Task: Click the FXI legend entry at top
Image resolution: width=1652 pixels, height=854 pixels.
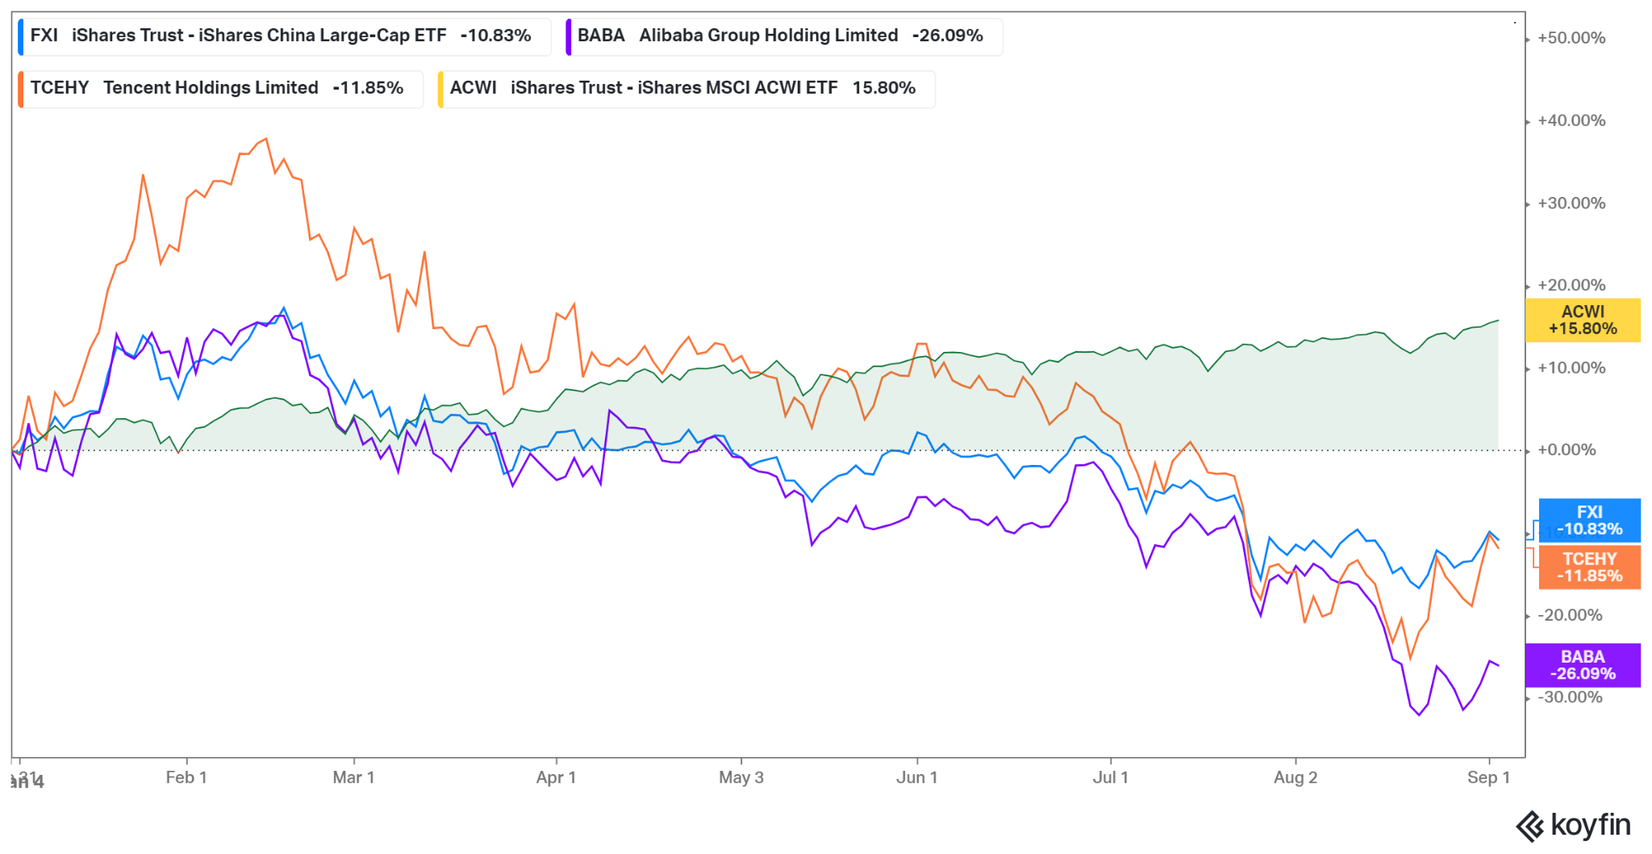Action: tap(282, 36)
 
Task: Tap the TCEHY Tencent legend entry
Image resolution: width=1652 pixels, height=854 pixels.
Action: tap(218, 88)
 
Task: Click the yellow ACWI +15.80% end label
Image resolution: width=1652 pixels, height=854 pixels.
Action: tap(1582, 320)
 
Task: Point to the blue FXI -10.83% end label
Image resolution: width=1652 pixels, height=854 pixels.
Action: tap(1589, 521)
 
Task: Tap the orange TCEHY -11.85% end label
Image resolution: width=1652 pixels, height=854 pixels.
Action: tap(1589, 567)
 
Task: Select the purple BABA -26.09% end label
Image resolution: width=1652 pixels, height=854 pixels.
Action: tap(1582, 665)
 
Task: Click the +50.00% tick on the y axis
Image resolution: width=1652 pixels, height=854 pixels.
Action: tap(1571, 38)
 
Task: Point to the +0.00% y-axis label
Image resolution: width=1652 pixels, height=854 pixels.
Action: tap(1566, 450)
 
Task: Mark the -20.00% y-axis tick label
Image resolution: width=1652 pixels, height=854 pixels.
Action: tap(1569, 615)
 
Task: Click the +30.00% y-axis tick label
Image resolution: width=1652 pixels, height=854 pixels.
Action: tap(1571, 203)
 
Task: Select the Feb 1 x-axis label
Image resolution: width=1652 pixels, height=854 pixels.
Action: tap(186, 777)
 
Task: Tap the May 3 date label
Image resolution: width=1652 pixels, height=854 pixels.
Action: tap(740, 777)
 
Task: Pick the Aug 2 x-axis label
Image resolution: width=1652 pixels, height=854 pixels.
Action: tap(1295, 777)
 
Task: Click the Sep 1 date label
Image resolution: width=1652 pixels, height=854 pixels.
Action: tap(1487, 777)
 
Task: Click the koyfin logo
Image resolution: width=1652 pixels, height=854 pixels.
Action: tap(1573, 826)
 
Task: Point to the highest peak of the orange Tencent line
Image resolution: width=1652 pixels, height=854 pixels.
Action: tap(266, 139)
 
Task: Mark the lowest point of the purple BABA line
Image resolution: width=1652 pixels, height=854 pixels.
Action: tap(1420, 715)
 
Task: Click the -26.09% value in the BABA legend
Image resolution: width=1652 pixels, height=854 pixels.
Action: tap(947, 36)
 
